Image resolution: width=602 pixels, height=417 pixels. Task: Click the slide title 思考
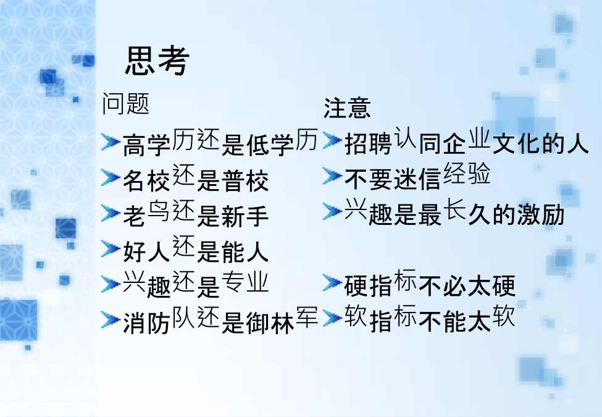[x=157, y=60]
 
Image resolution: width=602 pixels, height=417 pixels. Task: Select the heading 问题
[x=125, y=103]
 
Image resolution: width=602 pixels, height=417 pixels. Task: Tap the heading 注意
[x=347, y=108]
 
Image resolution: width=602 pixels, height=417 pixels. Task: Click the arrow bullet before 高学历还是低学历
[x=111, y=141]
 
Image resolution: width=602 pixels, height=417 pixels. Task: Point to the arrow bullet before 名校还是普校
[x=111, y=177]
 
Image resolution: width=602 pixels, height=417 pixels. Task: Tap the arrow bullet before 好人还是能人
[x=111, y=249]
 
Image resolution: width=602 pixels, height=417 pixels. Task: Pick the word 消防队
[x=159, y=320]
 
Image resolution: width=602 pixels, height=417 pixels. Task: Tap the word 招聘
[x=368, y=144]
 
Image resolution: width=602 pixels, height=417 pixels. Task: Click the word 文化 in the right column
[x=516, y=144]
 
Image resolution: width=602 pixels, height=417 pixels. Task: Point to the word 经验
[x=467, y=173]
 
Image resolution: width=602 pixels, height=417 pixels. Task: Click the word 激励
[x=541, y=214]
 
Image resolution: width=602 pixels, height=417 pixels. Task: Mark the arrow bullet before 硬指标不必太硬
[x=332, y=283]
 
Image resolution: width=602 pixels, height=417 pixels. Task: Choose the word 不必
[x=442, y=287]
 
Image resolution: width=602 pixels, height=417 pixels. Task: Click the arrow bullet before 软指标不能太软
[x=332, y=318]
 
